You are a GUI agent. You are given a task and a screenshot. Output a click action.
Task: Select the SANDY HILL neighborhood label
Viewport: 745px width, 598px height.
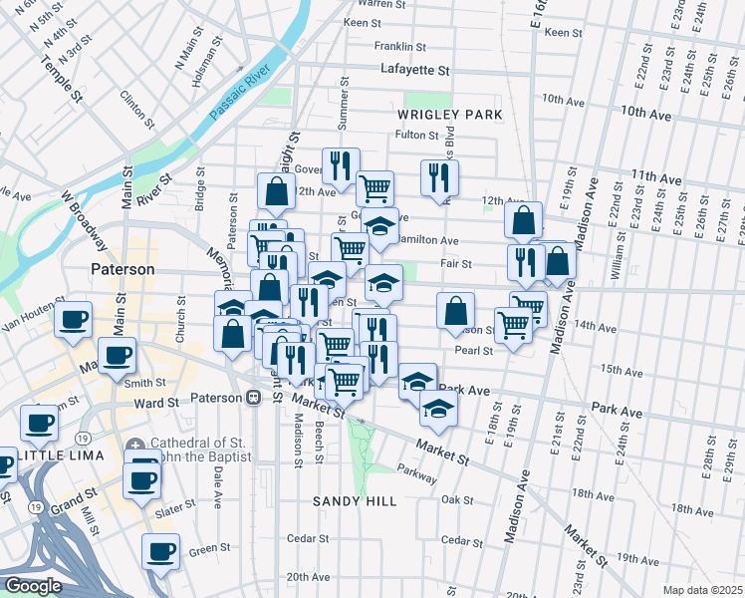pos(355,500)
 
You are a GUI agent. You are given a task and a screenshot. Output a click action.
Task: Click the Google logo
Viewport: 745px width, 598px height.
pos(32,586)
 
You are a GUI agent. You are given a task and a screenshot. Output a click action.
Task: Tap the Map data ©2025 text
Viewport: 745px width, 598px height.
pos(701,589)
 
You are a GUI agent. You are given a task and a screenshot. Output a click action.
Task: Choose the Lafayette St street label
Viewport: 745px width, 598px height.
pos(415,71)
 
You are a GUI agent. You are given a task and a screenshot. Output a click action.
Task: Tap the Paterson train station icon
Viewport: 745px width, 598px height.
pos(254,397)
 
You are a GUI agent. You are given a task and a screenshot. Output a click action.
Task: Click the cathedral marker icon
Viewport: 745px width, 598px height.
pos(136,445)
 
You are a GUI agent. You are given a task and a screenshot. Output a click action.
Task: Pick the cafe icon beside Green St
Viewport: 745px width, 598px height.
pos(160,550)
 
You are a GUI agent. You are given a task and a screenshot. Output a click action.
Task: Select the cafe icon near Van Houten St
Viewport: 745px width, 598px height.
pos(73,320)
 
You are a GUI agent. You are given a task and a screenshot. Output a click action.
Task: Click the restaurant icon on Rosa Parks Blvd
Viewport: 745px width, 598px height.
pos(439,177)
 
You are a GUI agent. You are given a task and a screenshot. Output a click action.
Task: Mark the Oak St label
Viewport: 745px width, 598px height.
pos(457,499)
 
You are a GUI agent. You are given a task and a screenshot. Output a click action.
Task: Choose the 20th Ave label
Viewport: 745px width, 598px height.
pos(308,577)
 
